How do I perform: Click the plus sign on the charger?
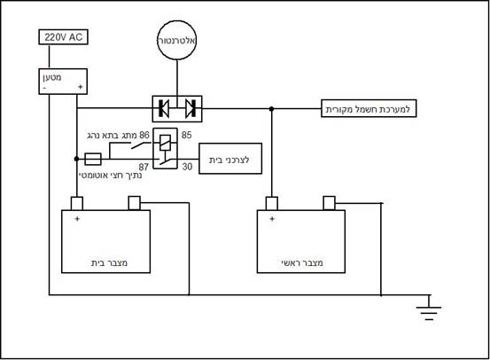click(x=81, y=87)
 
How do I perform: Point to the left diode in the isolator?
click(x=163, y=108)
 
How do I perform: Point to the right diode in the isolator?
click(x=191, y=108)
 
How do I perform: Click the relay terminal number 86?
click(x=144, y=135)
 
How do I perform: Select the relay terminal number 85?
click(x=187, y=135)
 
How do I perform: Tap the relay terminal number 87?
click(x=144, y=167)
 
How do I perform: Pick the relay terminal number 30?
click(x=187, y=167)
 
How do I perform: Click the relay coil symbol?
click(x=165, y=142)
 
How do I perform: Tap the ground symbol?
click(x=429, y=308)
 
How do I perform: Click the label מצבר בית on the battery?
click(x=109, y=262)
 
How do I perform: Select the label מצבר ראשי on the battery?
click(x=302, y=262)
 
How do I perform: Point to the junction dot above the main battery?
click(x=271, y=109)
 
